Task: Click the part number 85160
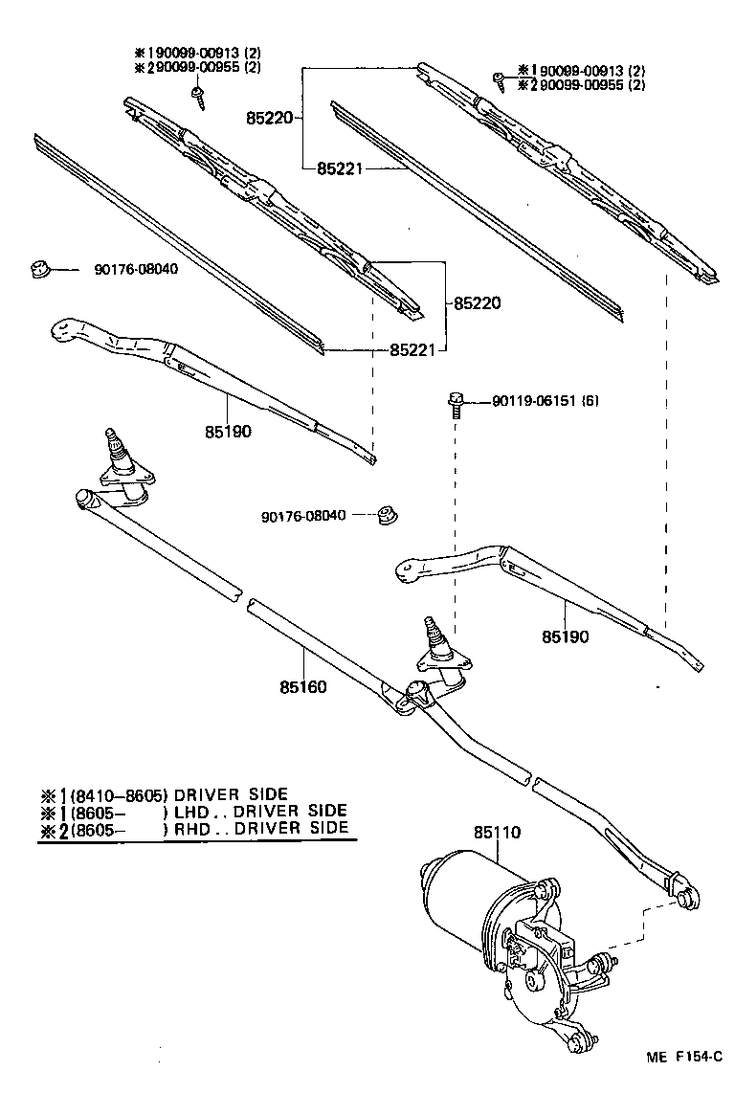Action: (x=303, y=687)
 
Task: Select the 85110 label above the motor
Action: (x=497, y=833)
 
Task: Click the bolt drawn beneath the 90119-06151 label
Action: (x=456, y=404)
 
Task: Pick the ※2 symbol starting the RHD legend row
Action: (x=51, y=829)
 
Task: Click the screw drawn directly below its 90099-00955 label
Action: (x=199, y=93)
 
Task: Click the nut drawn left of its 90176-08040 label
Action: (x=38, y=269)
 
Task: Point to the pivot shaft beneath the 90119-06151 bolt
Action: (x=436, y=636)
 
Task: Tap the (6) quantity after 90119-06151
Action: (x=590, y=401)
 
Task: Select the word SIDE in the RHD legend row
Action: (x=326, y=829)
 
